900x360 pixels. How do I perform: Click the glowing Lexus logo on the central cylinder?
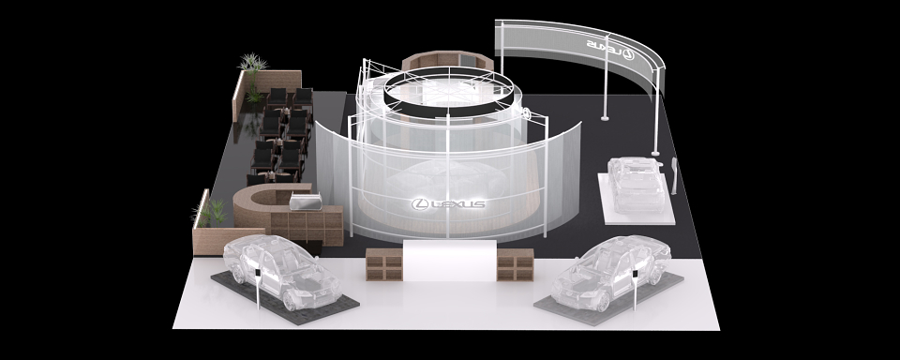coord(448,203)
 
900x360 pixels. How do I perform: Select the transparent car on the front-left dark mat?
coord(282,271)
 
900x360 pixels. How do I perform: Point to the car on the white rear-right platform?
coord(636,184)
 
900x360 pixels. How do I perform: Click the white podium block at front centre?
coord(450,261)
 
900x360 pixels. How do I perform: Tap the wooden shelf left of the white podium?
coord(384,264)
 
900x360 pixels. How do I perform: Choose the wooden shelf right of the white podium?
coord(516,264)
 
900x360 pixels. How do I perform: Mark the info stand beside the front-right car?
coord(636,290)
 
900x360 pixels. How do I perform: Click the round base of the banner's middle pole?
coord(605,118)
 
